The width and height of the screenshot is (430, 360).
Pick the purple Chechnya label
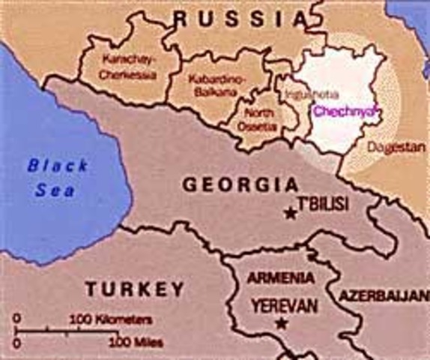coord(342,111)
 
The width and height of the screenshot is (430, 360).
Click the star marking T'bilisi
coord(291,213)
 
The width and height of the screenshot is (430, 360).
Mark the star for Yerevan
coord(282,324)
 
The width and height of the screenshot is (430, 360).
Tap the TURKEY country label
coord(135,288)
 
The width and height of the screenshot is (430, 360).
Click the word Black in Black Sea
coord(58,166)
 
